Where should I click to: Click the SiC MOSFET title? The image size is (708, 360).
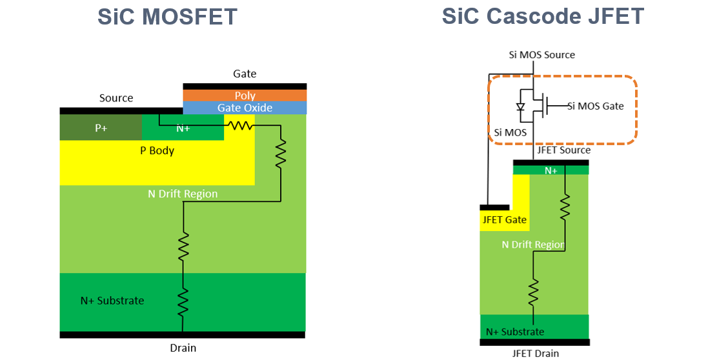[x=167, y=17]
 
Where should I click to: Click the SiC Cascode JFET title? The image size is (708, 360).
[x=543, y=17]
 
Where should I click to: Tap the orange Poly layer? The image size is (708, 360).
[x=245, y=95]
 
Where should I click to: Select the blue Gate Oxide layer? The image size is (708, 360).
[x=245, y=108]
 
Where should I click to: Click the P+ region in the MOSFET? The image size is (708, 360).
[x=101, y=128]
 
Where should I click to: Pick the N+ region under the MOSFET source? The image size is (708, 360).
[x=183, y=128]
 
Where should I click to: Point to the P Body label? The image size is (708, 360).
[x=157, y=151]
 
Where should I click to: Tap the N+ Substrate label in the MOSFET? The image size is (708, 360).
[x=112, y=301]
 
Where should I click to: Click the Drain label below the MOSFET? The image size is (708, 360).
[x=183, y=348]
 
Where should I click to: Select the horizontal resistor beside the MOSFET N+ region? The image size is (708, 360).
[x=242, y=126]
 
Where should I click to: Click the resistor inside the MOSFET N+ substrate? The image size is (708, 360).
[x=183, y=301]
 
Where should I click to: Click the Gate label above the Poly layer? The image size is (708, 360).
[x=245, y=74]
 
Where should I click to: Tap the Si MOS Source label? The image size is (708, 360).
[x=541, y=55]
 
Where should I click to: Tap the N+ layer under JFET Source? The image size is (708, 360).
[x=551, y=170]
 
